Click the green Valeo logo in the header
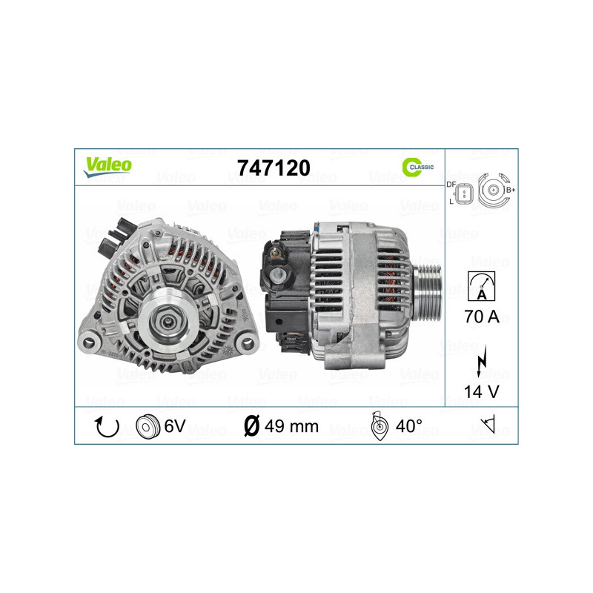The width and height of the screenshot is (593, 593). coord(107,166)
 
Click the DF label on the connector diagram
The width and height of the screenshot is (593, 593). coord(451,184)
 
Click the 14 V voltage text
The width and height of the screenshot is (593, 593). coord(482,393)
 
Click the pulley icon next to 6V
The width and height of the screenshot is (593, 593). coord(148,426)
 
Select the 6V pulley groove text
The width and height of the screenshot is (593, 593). coord(174,426)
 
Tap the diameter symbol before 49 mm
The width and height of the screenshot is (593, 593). coord(251,426)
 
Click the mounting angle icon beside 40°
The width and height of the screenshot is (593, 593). coord(378,427)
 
